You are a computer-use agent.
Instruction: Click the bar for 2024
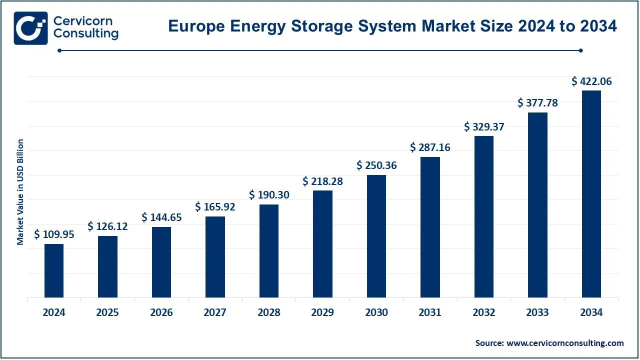pos(54,270)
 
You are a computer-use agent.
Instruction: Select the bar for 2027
pos(215,257)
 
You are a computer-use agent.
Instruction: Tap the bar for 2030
pos(376,236)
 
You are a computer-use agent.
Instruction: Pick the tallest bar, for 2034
pos(591,194)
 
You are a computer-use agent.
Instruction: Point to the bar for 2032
pos(484,216)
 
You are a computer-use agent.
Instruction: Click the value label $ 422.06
pos(591,81)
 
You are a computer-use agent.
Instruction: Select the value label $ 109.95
pos(54,234)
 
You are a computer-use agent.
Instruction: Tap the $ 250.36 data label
pos(376,165)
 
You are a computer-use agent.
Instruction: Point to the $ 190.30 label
pos(269,195)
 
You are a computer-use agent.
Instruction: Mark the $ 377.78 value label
pos(537,103)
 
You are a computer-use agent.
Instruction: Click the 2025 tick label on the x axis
pos(107,313)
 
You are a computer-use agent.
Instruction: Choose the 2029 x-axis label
pos(322,313)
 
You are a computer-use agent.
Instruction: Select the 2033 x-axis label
pos(537,313)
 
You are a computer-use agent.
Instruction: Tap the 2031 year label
pos(430,313)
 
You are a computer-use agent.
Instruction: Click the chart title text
pos(392,26)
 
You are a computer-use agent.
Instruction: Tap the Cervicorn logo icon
pos(31,28)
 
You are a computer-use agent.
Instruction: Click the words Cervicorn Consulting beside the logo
pos(85,28)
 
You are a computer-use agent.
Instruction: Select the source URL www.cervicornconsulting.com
pos(565,343)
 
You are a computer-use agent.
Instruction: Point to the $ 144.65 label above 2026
pos(161,217)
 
